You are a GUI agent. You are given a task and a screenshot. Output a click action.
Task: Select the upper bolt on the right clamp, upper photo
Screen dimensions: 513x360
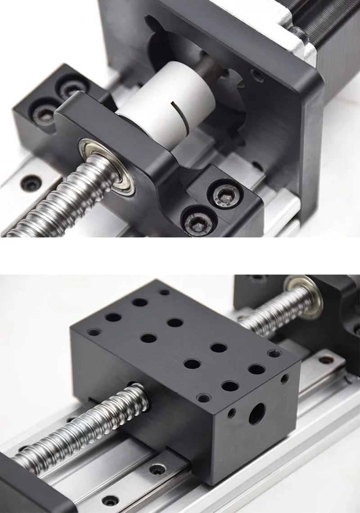click(225, 195)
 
